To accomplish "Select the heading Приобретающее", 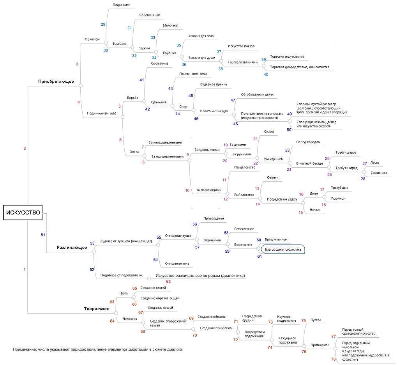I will pyautogui.click(x=56, y=81).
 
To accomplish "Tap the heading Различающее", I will pyautogui.click(x=72, y=247).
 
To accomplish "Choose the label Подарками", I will pyautogui.click(x=121, y=5).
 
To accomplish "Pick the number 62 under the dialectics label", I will pyautogui.click(x=168, y=281).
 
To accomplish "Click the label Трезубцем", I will pyautogui.click(x=339, y=188).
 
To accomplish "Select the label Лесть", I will pyautogui.click(x=374, y=163).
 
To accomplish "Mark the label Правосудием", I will pyautogui.click(x=214, y=218).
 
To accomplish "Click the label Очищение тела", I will pyautogui.click(x=177, y=264).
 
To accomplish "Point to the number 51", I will pyautogui.click(x=43, y=235).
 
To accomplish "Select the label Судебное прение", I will pyautogui.click(x=213, y=84).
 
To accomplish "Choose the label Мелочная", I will pyautogui.click(x=171, y=26).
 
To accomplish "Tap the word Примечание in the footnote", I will pyautogui.click(x=25, y=349).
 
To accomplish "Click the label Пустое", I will pyautogui.click(x=316, y=320).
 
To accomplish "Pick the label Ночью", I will pyautogui.click(x=315, y=210).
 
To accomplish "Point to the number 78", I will pyautogui.click(x=333, y=359).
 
